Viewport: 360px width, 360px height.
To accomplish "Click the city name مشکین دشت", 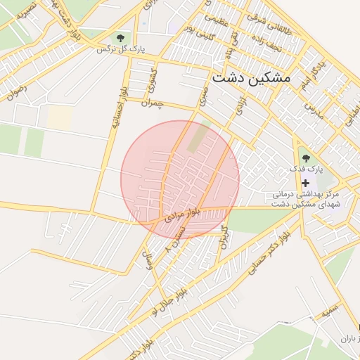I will point(250,78).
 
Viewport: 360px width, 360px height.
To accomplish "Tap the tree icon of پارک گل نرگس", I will point(121,37).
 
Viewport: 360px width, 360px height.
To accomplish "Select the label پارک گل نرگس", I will point(115,50).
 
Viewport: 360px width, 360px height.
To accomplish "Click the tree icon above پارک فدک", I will point(305,157).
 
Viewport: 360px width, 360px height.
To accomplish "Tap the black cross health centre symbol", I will point(305,182).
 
